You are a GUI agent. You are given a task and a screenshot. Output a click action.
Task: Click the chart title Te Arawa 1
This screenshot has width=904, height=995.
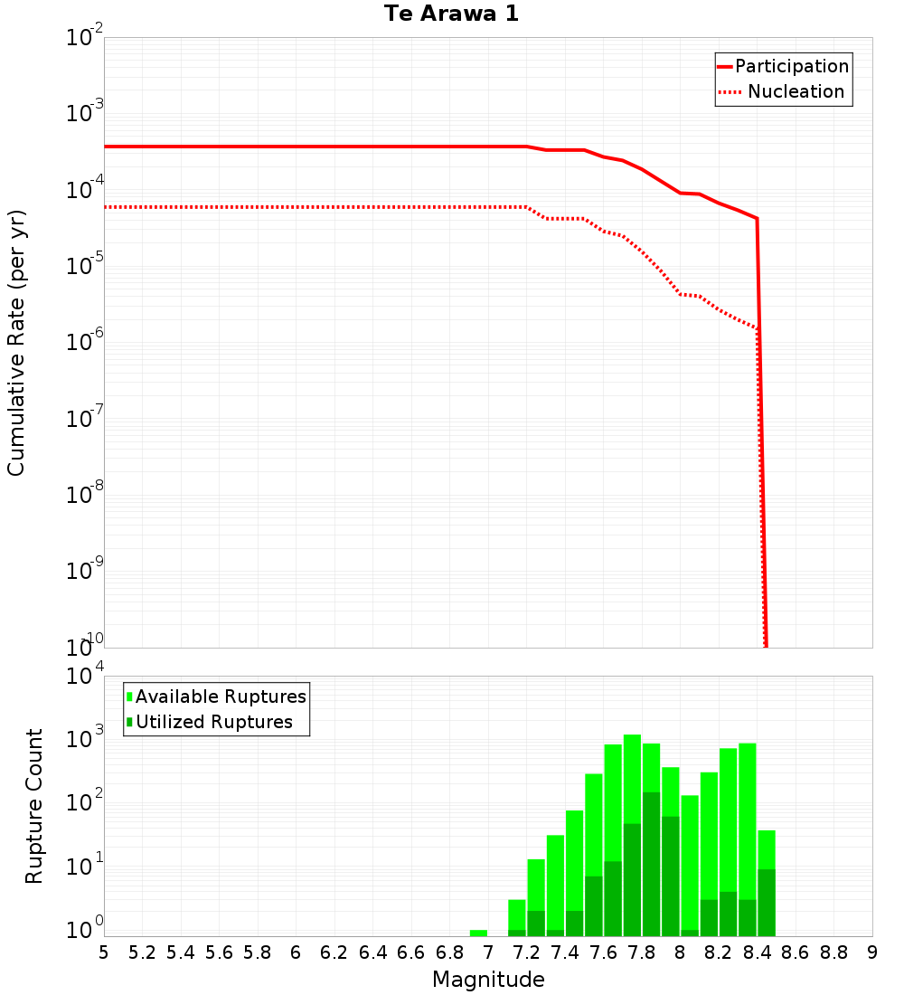click(x=451, y=14)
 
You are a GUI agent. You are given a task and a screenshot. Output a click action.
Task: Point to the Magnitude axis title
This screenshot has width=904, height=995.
click(x=488, y=980)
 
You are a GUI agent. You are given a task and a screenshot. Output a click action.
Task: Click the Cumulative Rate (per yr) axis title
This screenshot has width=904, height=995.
click(x=17, y=342)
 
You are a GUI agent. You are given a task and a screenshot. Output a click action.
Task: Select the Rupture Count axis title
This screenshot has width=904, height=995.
click(x=34, y=806)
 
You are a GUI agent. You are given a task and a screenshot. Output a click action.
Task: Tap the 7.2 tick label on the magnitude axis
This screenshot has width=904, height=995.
click(x=527, y=952)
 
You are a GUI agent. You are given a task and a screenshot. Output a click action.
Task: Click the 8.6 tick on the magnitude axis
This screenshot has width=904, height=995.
click(x=796, y=952)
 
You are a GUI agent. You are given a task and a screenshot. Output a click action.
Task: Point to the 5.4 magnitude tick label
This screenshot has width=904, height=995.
click(x=181, y=952)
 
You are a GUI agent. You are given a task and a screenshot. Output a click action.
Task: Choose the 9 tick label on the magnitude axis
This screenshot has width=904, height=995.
click(x=872, y=952)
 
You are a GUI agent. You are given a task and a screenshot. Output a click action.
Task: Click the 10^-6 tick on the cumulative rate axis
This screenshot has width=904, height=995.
click(x=85, y=342)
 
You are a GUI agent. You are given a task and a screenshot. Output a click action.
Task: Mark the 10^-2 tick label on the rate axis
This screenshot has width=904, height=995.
click(x=85, y=38)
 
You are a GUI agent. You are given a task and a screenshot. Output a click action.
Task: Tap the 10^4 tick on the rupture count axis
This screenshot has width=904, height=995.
click(x=85, y=677)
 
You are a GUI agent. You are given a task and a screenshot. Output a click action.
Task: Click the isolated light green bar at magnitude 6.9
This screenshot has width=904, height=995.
click(x=478, y=933)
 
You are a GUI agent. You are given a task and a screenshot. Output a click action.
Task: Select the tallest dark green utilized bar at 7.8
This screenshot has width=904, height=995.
click(x=651, y=859)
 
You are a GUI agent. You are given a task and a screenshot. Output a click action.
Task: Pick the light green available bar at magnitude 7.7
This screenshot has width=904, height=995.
click(x=632, y=778)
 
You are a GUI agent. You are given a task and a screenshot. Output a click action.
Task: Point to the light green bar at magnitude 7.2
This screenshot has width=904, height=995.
click(x=516, y=914)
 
